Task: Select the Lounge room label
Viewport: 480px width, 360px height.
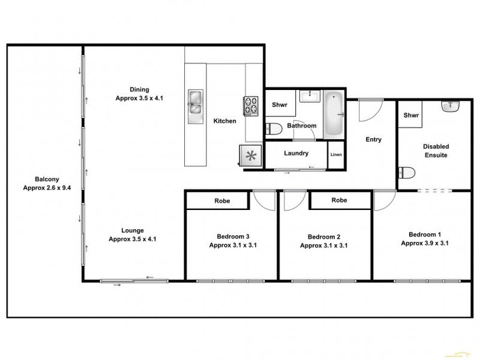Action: pyautogui.click(x=132, y=235)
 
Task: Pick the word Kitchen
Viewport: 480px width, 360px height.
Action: pyautogui.click(x=225, y=121)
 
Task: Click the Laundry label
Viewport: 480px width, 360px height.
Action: pyautogui.click(x=296, y=154)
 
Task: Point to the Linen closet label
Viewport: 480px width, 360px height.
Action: pyautogui.click(x=336, y=155)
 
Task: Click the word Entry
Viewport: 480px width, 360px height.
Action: pyautogui.click(x=373, y=140)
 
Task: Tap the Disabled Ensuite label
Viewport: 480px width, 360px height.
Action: pyautogui.click(x=436, y=151)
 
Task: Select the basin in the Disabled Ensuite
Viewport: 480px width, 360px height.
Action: pyautogui.click(x=450, y=107)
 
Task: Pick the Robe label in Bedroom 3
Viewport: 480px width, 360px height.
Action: pyautogui.click(x=223, y=201)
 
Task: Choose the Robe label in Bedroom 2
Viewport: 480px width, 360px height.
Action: pyautogui.click(x=340, y=200)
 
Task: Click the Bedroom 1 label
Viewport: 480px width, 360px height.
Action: pyautogui.click(x=425, y=239)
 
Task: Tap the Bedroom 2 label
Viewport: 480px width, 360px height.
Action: pyautogui.click(x=323, y=241)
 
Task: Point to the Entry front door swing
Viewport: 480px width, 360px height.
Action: pyautogui.click(x=368, y=109)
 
